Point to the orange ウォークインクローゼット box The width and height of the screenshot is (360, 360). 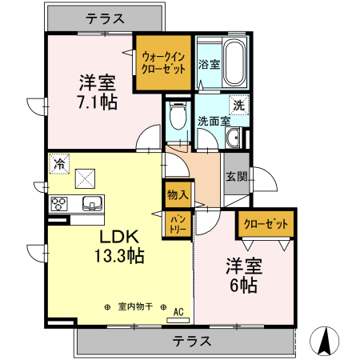163,62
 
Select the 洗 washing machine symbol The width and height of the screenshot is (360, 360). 238,105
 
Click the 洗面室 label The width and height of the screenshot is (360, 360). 214,122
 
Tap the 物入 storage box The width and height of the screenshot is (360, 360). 178,193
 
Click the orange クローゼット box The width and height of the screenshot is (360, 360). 265,225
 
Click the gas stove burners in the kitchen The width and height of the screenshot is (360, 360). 59,202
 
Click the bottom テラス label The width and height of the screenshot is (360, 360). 192,342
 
